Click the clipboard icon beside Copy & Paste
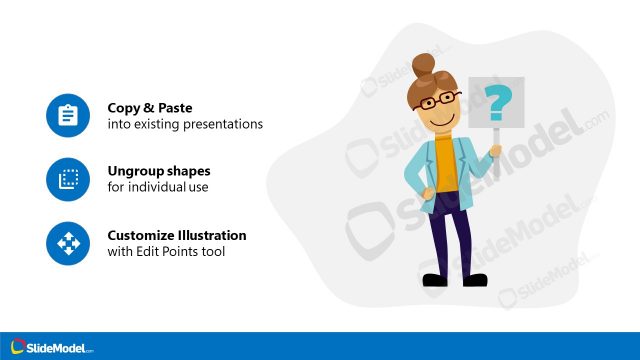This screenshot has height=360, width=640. pos(68,115)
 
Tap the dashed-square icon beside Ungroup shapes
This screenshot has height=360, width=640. pos(68,179)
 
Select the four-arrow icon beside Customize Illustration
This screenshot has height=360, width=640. pos(68,243)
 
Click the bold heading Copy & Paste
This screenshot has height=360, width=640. pos(151,107)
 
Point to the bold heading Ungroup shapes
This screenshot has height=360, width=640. pos(158,171)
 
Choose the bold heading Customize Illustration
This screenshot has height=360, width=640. pos(177,236)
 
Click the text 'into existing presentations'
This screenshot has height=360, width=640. pos(185,124)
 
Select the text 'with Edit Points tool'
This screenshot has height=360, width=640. pos(166,252)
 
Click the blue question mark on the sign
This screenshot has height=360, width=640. pos(496,101)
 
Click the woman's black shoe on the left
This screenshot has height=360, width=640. pos(432,279)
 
